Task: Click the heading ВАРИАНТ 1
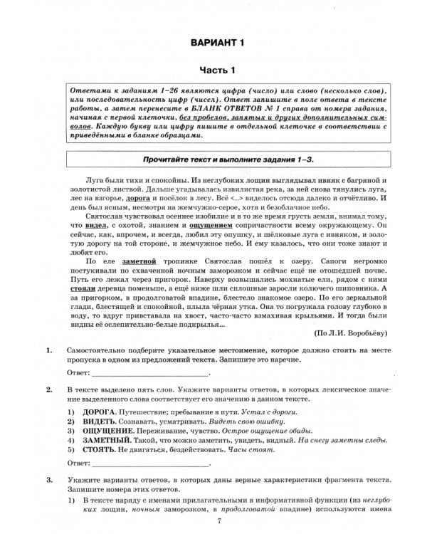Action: [x=217, y=45]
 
